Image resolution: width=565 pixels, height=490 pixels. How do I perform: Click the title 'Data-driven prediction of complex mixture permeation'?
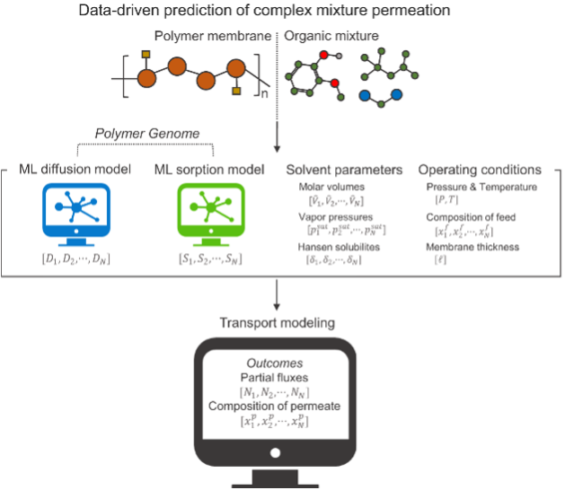click(x=277, y=12)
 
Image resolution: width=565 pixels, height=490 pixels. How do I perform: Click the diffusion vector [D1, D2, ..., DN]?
click(x=76, y=259)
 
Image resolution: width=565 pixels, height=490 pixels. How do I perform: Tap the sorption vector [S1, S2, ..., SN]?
click(x=208, y=259)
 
